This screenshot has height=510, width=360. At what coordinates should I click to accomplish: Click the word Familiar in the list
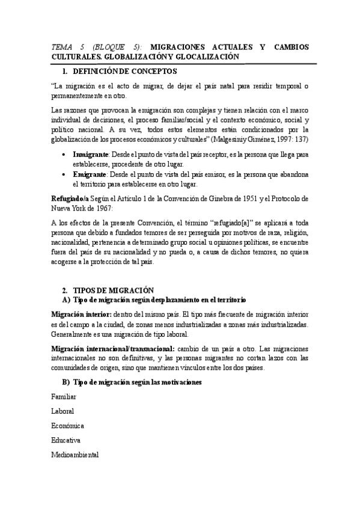(x=64, y=397)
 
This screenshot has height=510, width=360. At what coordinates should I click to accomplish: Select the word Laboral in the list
(x=63, y=411)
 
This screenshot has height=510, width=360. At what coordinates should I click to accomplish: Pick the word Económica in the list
(x=67, y=426)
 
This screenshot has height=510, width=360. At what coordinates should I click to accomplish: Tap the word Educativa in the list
(x=66, y=440)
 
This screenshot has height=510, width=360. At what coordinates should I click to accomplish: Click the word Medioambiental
(x=75, y=455)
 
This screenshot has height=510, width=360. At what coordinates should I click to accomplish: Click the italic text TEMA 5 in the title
(x=69, y=47)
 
